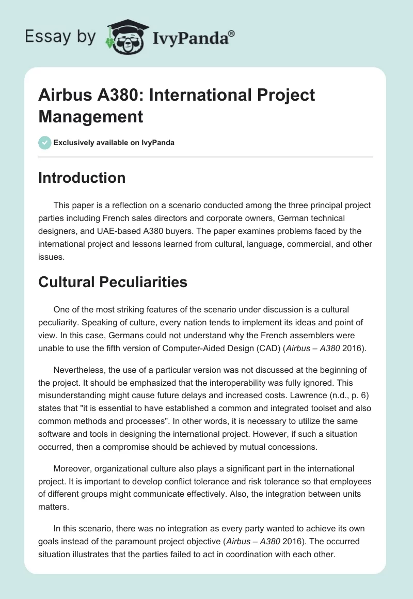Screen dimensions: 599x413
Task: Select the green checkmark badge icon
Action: [45, 143]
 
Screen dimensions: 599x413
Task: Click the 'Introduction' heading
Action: [82, 178]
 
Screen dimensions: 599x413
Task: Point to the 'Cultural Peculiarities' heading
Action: [113, 282]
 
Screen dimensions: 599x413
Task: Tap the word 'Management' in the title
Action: [91, 117]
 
